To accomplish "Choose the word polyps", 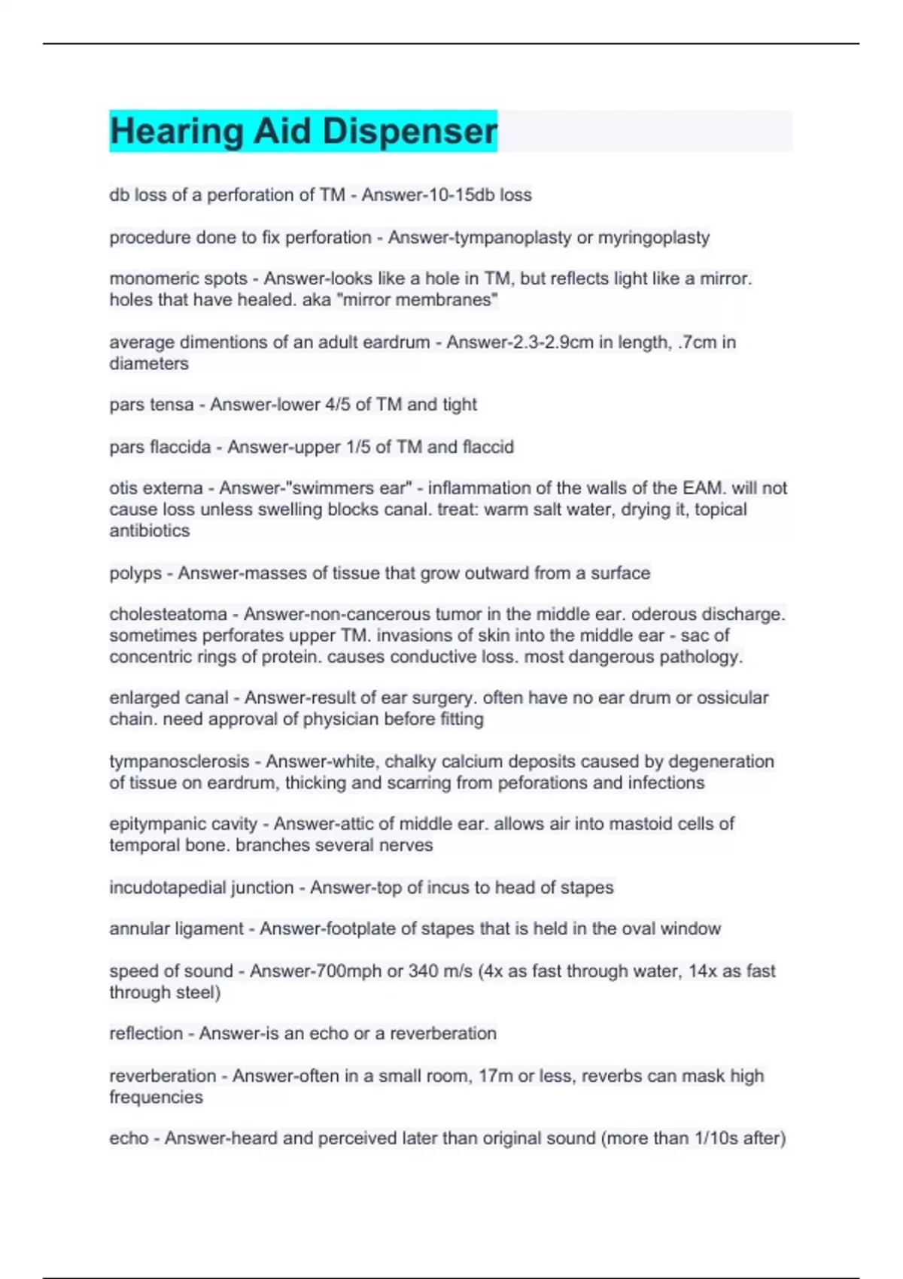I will point(135,573).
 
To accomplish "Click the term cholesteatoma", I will point(168,615).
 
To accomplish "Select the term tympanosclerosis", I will point(179,761).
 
